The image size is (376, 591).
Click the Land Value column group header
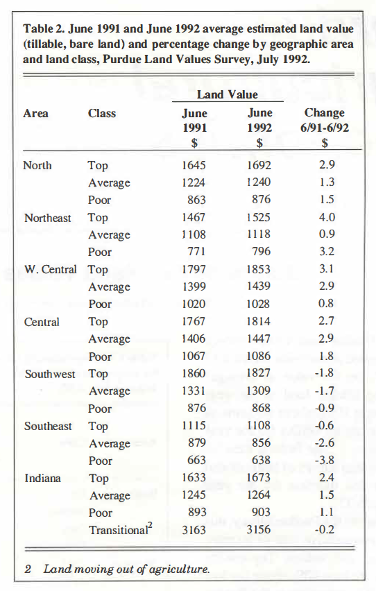click(227, 94)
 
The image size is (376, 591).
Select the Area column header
click(35, 113)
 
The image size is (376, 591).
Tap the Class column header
click(102, 113)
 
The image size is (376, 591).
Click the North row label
click(37, 165)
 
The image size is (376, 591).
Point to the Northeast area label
click(47, 217)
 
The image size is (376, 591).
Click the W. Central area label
click(50, 269)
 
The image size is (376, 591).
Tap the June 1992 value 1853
click(259, 269)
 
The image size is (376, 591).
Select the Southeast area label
click(48, 426)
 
